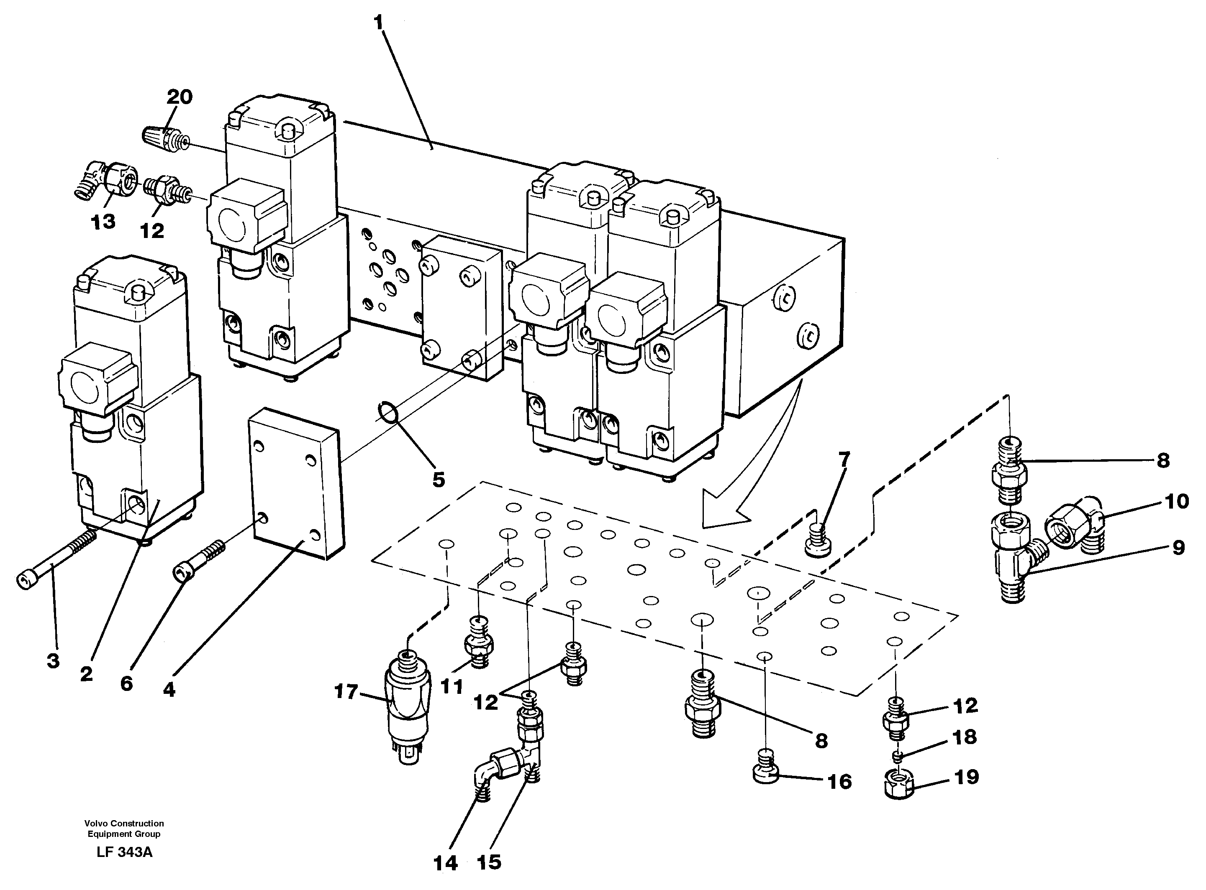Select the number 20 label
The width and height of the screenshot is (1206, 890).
[180, 97]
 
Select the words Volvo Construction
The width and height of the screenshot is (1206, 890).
[124, 823]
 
